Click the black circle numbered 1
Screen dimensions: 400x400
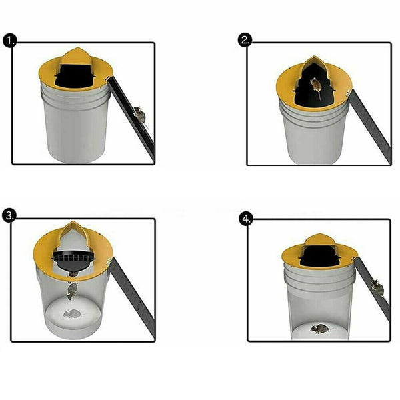[10, 41]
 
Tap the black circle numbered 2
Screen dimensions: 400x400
[245, 40]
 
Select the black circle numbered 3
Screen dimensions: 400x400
[9, 215]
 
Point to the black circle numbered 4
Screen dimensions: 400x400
[246, 219]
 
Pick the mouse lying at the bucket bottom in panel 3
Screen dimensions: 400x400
[73, 314]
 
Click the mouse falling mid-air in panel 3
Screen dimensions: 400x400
[72, 291]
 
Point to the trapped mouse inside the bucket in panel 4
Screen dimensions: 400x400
[319, 329]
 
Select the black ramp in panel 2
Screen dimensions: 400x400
[371, 127]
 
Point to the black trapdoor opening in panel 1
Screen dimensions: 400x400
[74, 76]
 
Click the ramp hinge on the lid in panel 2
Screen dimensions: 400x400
[348, 93]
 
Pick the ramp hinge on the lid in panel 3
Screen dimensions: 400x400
[109, 261]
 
